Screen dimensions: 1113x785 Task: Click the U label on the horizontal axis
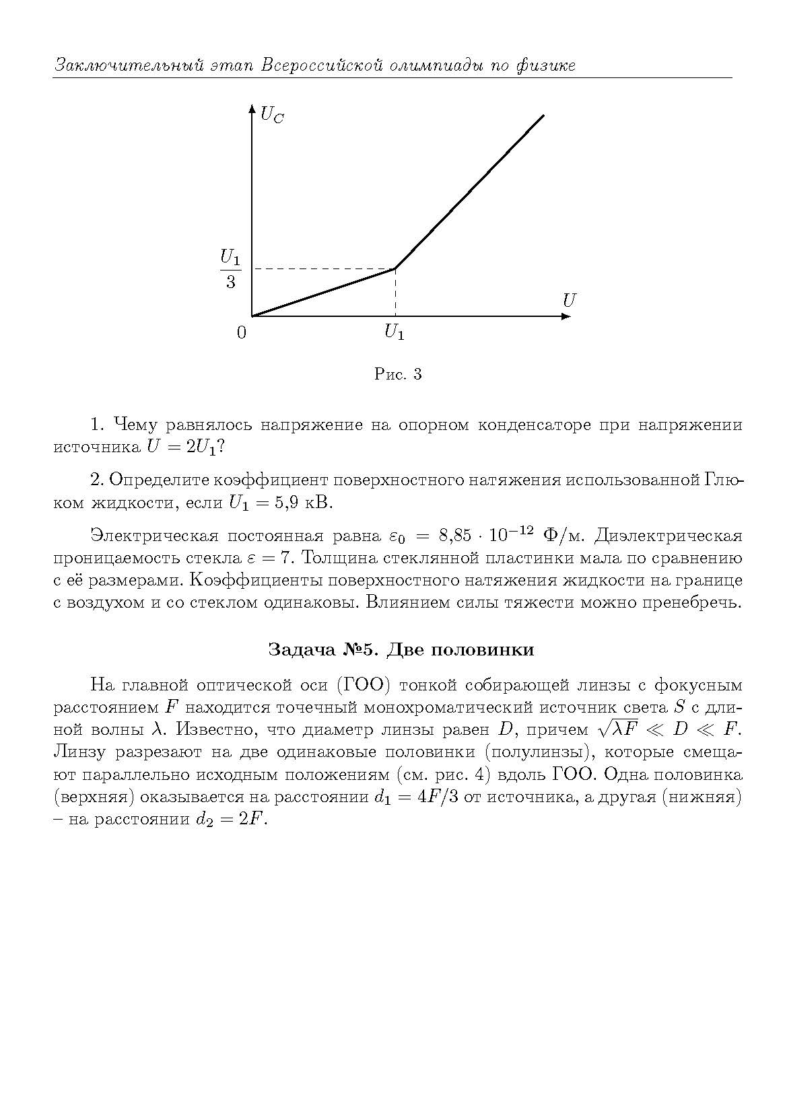pyautogui.click(x=569, y=300)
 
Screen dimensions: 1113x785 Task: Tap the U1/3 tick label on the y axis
pyautogui.click(x=230, y=269)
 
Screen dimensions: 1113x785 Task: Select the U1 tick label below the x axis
pyautogui.click(x=395, y=332)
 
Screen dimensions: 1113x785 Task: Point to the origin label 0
pyautogui.click(x=242, y=332)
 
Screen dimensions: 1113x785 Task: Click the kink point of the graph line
pyautogui.click(x=395, y=268)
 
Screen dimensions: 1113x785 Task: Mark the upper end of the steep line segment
pyautogui.click(x=543, y=116)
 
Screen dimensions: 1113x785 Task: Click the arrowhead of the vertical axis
pyautogui.click(x=252, y=108)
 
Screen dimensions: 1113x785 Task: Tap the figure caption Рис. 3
pyautogui.click(x=398, y=374)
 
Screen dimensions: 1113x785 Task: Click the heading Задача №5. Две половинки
pyautogui.click(x=401, y=649)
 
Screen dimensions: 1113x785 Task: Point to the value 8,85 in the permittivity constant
pyautogui.click(x=458, y=536)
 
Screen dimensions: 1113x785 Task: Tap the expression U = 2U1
pyautogui.click(x=182, y=447)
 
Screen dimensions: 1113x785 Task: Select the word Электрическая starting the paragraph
pyautogui.click(x=154, y=536)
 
